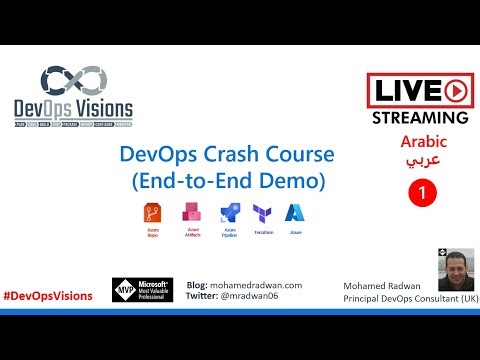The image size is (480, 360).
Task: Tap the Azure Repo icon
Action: [x=155, y=214]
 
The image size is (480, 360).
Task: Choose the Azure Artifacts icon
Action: [x=190, y=214]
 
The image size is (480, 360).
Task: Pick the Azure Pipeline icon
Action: [x=229, y=214]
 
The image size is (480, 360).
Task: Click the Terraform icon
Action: [x=262, y=214]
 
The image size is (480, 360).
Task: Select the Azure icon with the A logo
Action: [x=294, y=214]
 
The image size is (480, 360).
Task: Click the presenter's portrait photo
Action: [x=455, y=271]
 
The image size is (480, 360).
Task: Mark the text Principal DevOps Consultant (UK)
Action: [x=410, y=299]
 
